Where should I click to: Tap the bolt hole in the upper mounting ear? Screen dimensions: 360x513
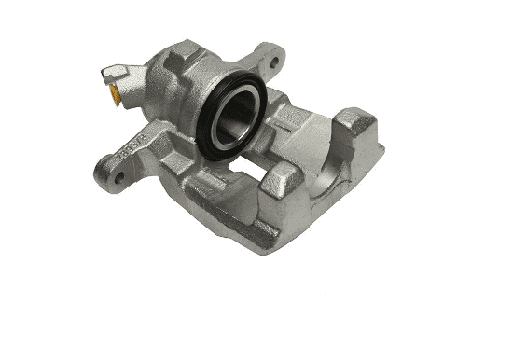point(274,63)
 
